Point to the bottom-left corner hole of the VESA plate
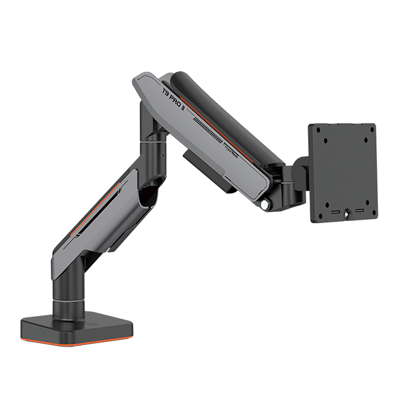323,213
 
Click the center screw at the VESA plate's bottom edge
345,218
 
